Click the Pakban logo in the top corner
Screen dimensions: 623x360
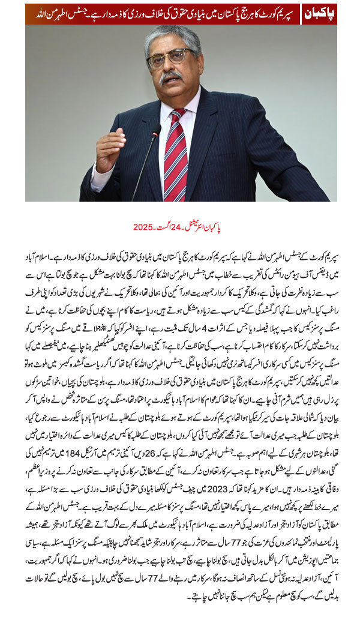click(x=319, y=13)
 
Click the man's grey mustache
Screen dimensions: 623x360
click(x=170, y=78)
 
